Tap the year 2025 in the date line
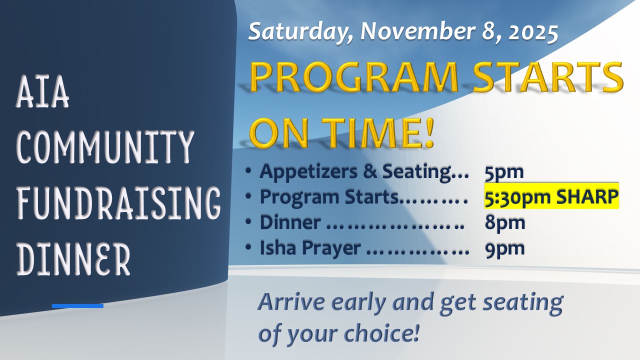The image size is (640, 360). click(x=533, y=31)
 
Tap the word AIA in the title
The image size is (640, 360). click(x=42, y=91)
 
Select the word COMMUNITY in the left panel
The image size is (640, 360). click(x=105, y=146)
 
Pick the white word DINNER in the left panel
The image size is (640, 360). click(x=73, y=258)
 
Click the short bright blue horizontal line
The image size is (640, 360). click(x=77, y=306)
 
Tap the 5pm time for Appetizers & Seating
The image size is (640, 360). click(x=504, y=172)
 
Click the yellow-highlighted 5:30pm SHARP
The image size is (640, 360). click(x=551, y=196)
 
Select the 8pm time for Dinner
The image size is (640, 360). click(x=505, y=223)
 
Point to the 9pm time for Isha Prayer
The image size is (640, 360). click(x=505, y=248)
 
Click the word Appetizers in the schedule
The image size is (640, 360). click(x=308, y=172)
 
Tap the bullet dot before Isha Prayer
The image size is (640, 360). click(x=248, y=247)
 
